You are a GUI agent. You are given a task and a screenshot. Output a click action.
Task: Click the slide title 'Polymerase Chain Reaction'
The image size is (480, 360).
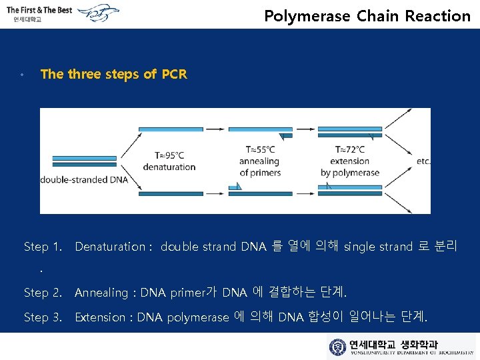pos(367,16)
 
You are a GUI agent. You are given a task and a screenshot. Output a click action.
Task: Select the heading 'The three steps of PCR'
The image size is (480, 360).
pos(114,74)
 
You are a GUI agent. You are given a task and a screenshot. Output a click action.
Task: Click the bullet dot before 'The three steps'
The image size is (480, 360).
pos(23,75)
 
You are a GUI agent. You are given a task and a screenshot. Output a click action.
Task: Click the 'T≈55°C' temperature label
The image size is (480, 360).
pos(260,150)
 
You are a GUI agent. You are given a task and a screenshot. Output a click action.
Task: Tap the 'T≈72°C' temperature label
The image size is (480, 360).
pos(349,150)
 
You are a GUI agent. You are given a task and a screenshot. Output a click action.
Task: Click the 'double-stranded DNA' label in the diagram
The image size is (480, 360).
pos(84,179)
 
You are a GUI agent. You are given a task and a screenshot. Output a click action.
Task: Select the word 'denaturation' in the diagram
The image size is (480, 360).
pos(169,167)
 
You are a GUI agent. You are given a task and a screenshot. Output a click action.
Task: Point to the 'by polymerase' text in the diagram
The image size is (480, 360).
pos(350,173)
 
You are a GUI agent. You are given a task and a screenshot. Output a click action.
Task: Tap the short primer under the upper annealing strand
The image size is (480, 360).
pos(285,136)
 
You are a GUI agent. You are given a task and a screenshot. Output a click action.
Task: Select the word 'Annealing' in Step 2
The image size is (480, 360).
pos(101,293)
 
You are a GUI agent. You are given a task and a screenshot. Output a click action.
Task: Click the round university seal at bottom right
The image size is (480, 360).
pos(338,347)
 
